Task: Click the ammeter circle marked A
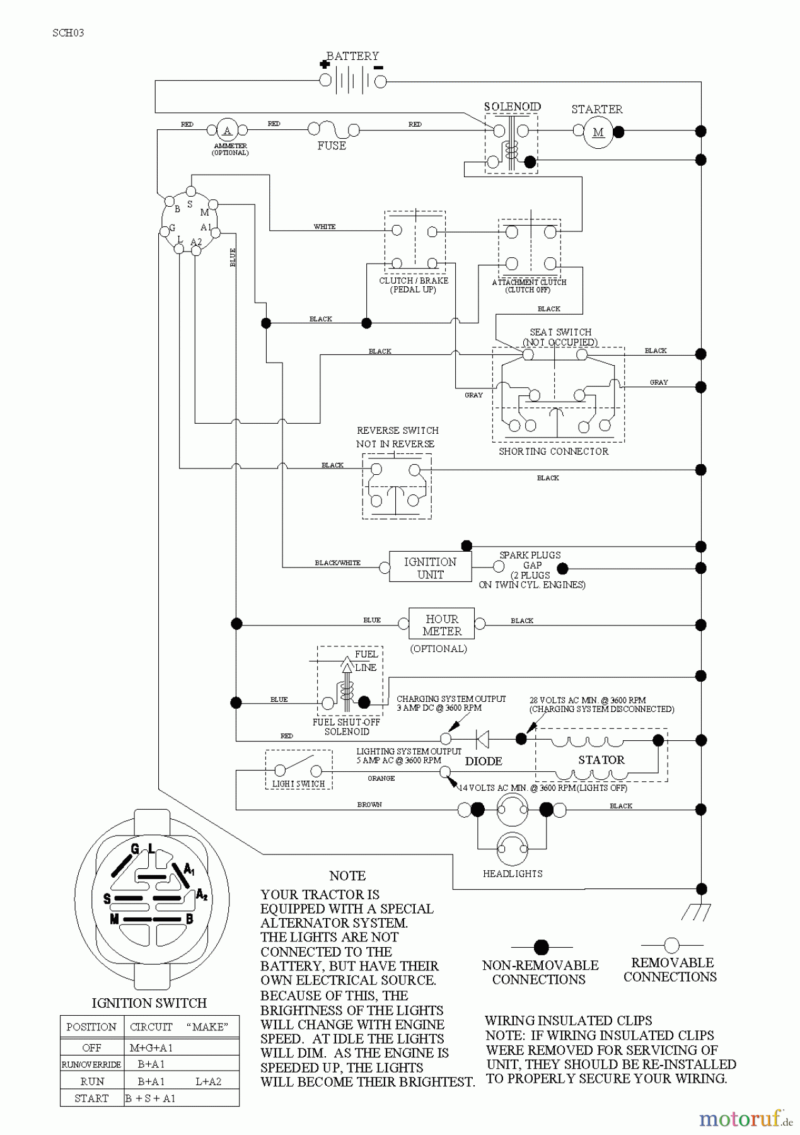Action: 227,131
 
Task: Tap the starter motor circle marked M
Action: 598,132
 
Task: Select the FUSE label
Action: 332,146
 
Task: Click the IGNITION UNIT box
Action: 430,567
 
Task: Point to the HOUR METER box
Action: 442,625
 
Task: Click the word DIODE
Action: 484,761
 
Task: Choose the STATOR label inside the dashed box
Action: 601,760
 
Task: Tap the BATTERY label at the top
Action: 352,56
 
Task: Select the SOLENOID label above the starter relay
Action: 512,107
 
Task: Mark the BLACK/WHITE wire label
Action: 338,563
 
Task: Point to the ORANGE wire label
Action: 381,779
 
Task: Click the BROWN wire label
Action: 369,805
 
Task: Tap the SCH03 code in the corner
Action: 68,33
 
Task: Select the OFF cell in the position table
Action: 92,1047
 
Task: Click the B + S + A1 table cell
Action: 151,1098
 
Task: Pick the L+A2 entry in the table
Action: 209,1081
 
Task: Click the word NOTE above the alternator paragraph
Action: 347,876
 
